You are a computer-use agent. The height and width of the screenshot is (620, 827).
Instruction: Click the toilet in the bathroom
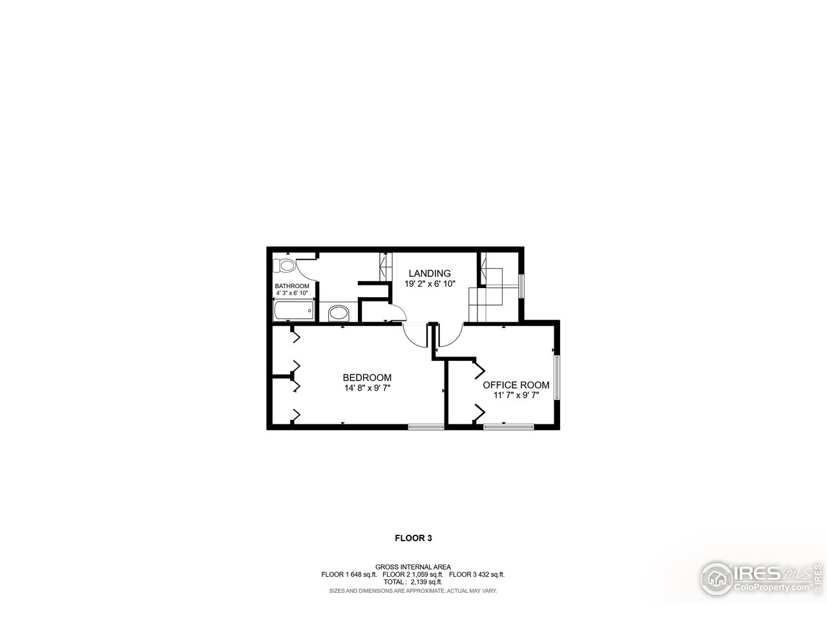point(284,265)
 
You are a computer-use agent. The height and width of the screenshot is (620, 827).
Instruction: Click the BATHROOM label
point(292,286)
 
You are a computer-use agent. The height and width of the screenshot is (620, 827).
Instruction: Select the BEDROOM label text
point(367,378)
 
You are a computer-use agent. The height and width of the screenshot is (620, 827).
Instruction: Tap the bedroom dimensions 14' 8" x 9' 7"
point(367,388)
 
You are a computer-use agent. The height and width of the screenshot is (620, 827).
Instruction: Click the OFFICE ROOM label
point(516,385)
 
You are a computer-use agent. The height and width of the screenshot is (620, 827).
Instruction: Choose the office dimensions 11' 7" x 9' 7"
point(516,395)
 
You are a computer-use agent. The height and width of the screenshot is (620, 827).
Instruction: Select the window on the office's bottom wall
point(508,426)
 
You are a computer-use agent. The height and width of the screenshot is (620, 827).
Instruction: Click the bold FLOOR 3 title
point(413,537)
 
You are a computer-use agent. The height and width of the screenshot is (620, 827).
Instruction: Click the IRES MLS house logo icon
point(716,577)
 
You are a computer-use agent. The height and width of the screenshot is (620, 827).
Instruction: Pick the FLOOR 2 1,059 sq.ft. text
point(413,574)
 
